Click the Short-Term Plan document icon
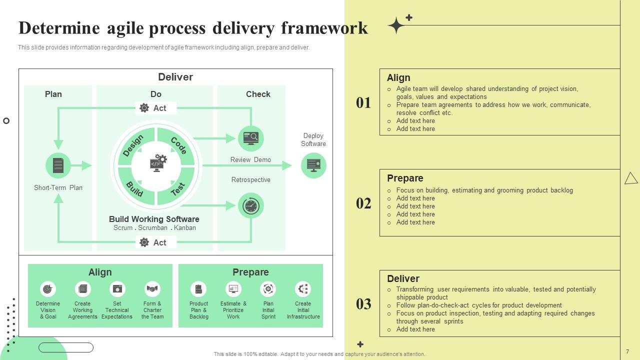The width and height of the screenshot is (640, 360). point(58,165)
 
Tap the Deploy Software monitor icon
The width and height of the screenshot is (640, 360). point(313,165)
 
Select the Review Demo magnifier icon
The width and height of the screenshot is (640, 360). point(250,138)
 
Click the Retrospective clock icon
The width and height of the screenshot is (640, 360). point(250,205)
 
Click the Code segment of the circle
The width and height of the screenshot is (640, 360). point(178,145)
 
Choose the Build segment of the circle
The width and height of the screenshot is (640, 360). point(134,188)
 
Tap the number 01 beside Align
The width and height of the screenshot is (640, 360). point(363,102)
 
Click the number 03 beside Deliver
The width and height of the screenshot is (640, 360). point(363,303)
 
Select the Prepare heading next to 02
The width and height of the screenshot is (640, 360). point(405,178)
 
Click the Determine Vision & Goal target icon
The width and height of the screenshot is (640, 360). point(48,288)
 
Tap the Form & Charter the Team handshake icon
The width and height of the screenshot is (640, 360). point(152,288)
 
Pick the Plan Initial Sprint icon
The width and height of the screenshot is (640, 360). point(268,288)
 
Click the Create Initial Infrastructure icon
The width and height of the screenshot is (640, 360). point(303,288)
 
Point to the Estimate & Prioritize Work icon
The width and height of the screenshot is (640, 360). point(233,288)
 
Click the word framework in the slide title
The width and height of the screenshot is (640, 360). point(324,28)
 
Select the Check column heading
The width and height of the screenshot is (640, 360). point(258,94)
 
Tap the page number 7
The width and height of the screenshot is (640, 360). point(627,351)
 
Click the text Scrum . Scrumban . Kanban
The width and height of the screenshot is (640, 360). point(154,227)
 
